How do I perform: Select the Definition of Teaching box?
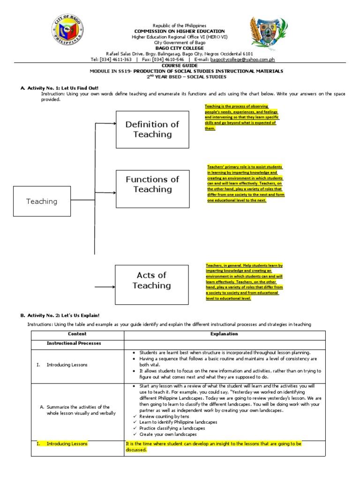[x=152, y=129]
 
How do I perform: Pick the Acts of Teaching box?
[x=151, y=280]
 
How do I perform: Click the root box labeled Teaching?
[x=42, y=201]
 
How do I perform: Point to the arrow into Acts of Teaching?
[x=105, y=286]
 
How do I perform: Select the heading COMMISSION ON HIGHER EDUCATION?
[x=173, y=31]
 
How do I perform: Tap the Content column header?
[x=77, y=334]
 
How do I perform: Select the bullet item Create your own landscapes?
[x=161, y=435]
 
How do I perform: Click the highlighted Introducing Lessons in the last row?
[x=67, y=443]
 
